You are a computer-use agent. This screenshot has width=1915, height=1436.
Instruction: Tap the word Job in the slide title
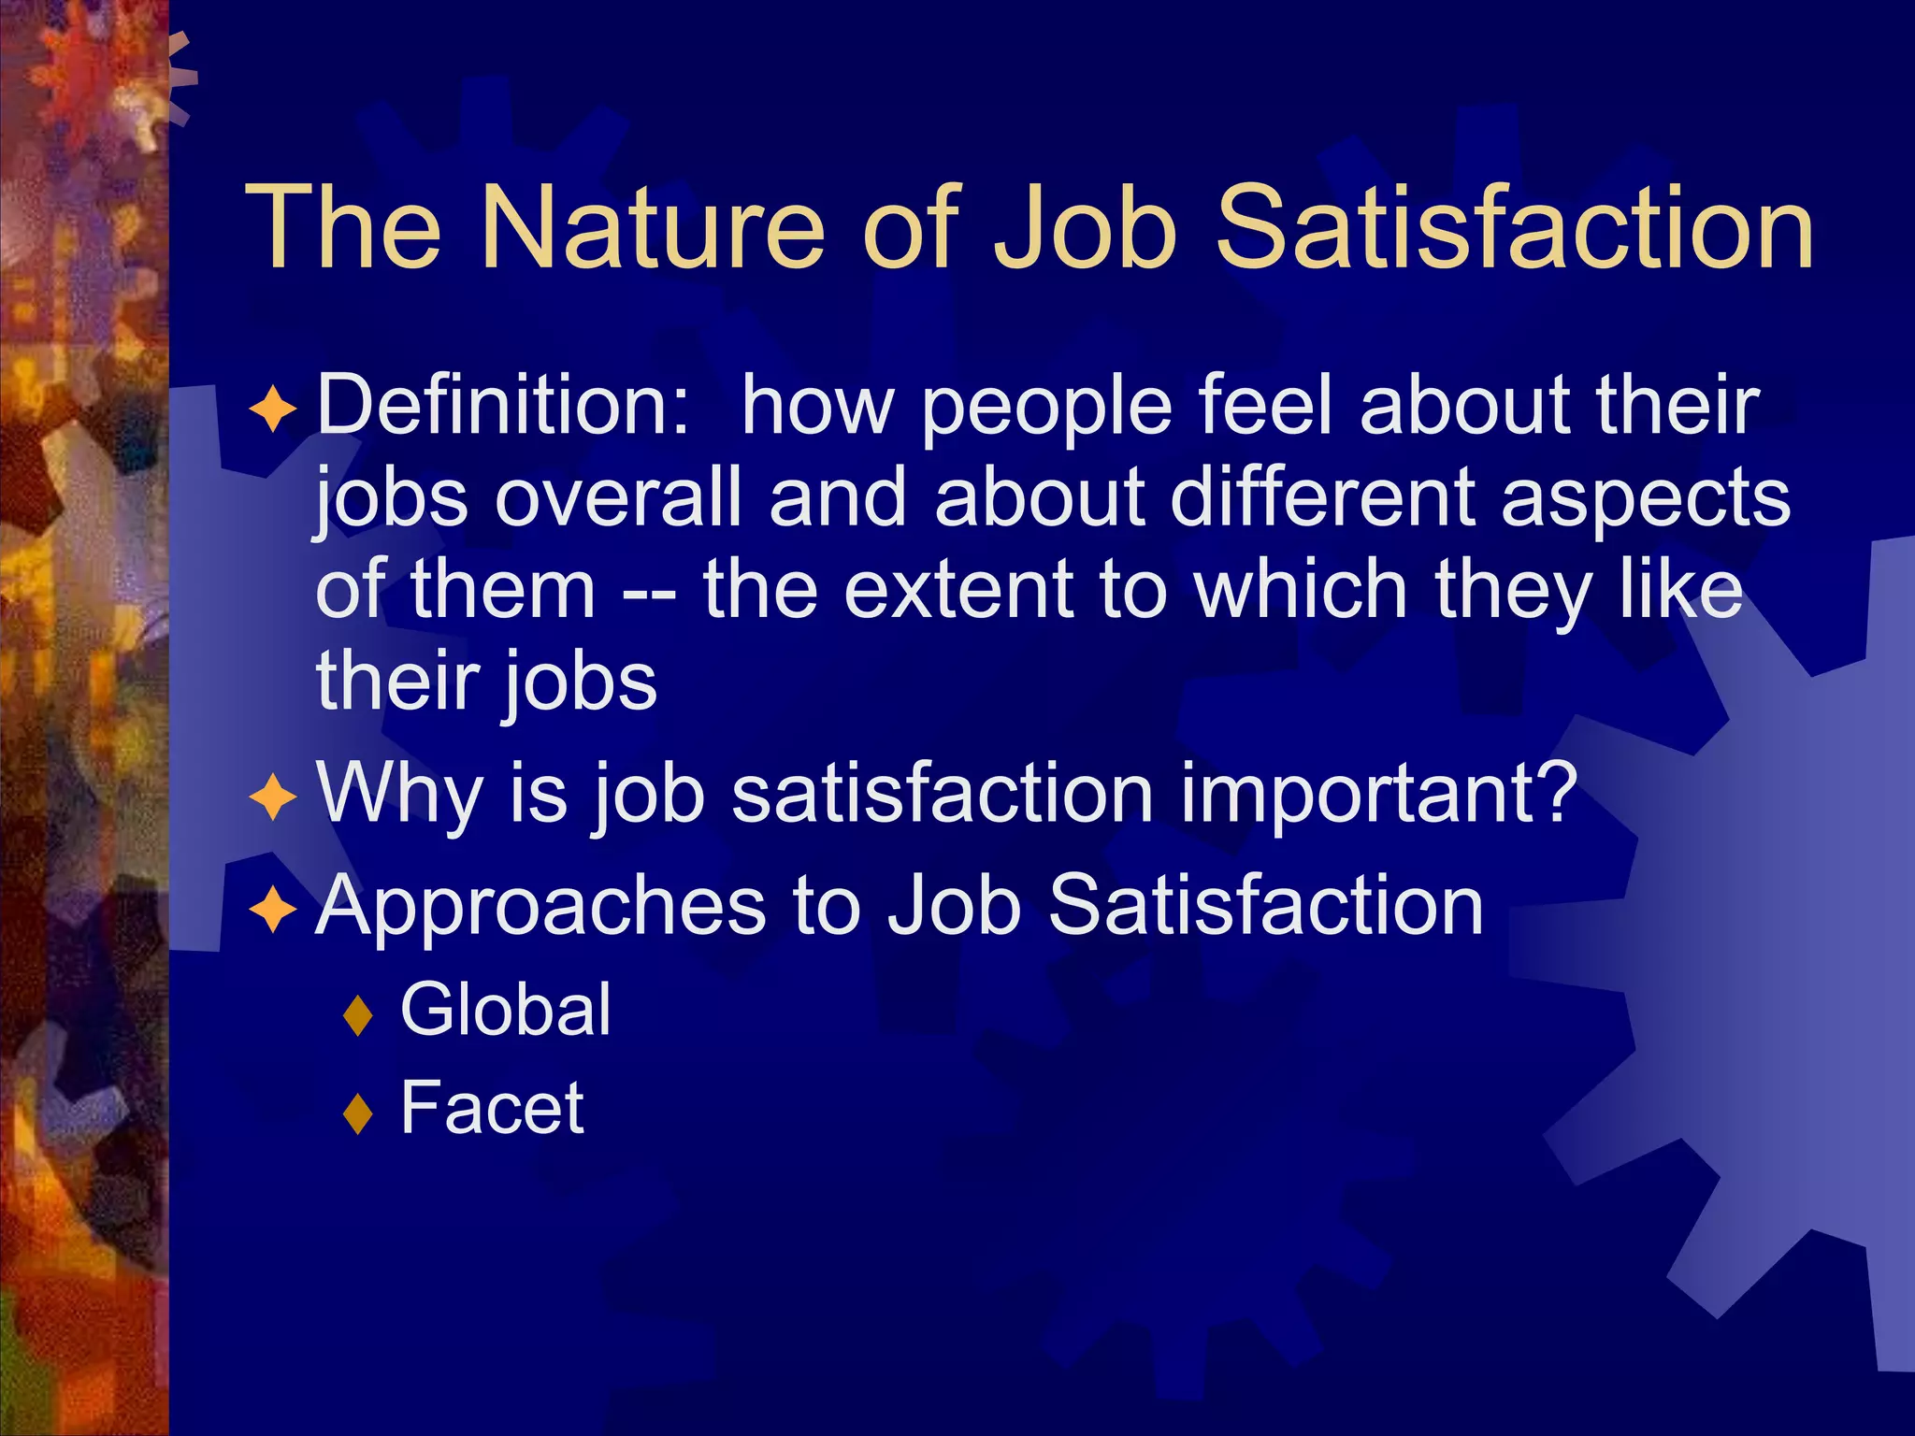[1085, 228]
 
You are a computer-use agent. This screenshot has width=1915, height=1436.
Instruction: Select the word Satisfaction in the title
[1514, 228]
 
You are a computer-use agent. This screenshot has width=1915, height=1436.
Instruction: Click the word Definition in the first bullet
[503, 406]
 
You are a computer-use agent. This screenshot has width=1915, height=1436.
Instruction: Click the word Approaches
[540, 907]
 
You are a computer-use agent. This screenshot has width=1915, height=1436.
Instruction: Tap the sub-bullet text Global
[506, 1010]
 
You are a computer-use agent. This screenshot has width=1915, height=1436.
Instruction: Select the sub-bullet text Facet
[492, 1108]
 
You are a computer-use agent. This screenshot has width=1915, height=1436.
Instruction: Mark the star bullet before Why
[273, 798]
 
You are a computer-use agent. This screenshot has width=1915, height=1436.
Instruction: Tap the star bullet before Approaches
[273, 909]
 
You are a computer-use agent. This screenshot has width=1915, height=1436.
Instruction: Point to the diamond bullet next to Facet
[358, 1113]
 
